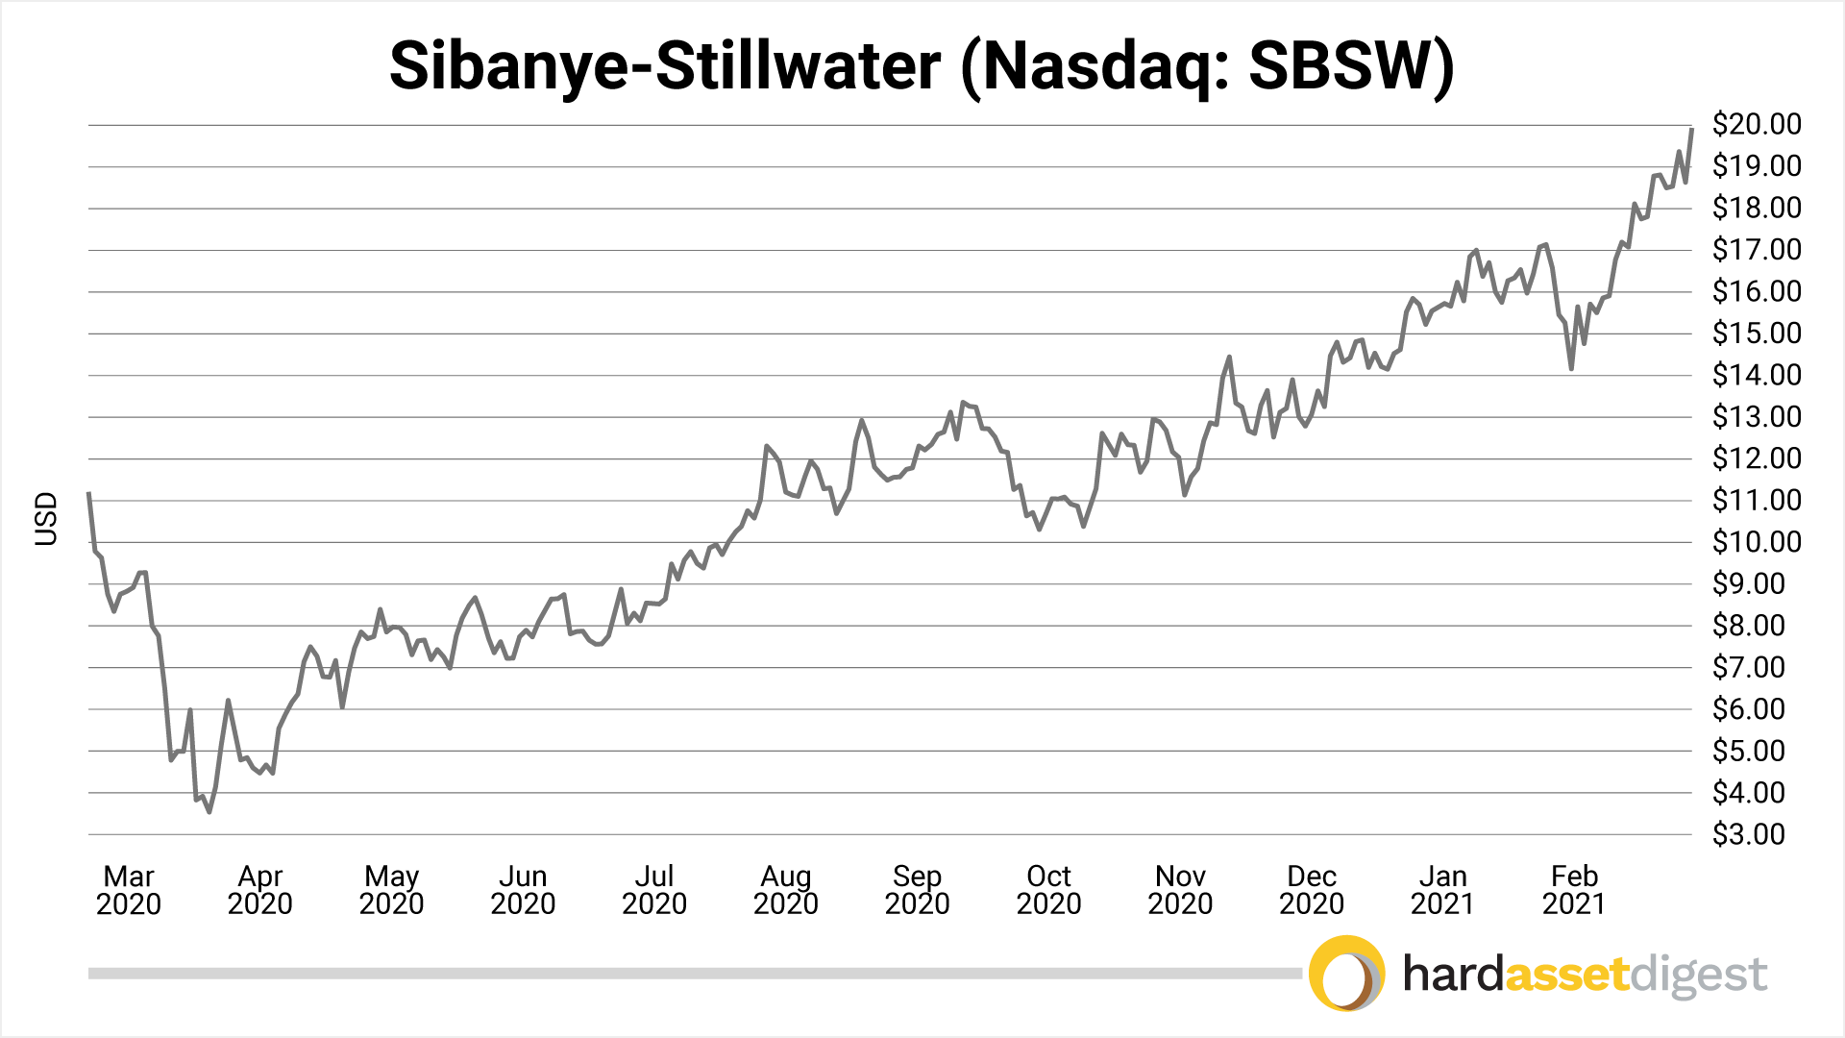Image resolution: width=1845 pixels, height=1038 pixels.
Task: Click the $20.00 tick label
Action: tap(1757, 124)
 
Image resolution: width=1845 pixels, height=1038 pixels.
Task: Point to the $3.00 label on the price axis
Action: tap(1749, 834)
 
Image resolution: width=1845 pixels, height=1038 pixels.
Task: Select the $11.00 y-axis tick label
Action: tap(1757, 500)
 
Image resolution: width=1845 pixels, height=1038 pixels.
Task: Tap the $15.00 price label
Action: tap(1757, 334)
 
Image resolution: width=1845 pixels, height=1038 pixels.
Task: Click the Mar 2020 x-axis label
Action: tap(129, 890)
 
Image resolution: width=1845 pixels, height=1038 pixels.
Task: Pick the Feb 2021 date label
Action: tap(1574, 890)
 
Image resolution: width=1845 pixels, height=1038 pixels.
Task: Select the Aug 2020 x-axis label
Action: tap(786, 890)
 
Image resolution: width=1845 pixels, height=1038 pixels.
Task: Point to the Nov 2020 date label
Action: tap(1180, 890)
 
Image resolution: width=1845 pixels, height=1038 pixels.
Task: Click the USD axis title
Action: tap(46, 519)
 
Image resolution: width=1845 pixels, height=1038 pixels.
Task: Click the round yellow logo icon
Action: tap(1346, 974)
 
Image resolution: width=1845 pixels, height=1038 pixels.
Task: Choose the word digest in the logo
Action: tap(1699, 976)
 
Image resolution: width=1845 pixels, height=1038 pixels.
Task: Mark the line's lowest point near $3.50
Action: tap(209, 812)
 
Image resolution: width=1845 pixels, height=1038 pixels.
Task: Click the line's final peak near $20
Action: tap(1691, 129)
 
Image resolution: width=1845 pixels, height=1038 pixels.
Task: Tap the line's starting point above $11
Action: tap(89, 493)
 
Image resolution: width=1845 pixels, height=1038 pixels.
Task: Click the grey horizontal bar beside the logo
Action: tap(692, 974)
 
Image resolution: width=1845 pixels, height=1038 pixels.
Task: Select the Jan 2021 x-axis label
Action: tap(1442, 890)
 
